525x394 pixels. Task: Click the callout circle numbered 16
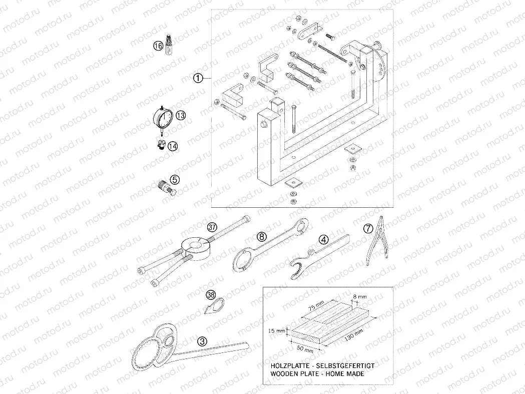[158, 46]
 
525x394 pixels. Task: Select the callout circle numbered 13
[181, 116]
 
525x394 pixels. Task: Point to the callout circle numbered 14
[173, 146]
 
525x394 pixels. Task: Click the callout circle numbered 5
[174, 179]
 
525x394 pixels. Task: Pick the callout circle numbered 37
[212, 226]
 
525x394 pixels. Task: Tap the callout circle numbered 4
[324, 239]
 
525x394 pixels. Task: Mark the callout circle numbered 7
[368, 228]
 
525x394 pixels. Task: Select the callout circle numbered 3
[202, 341]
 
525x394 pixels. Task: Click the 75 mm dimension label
[317, 305]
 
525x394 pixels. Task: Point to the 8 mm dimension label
[360, 297]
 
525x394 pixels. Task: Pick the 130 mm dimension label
[354, 335]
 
